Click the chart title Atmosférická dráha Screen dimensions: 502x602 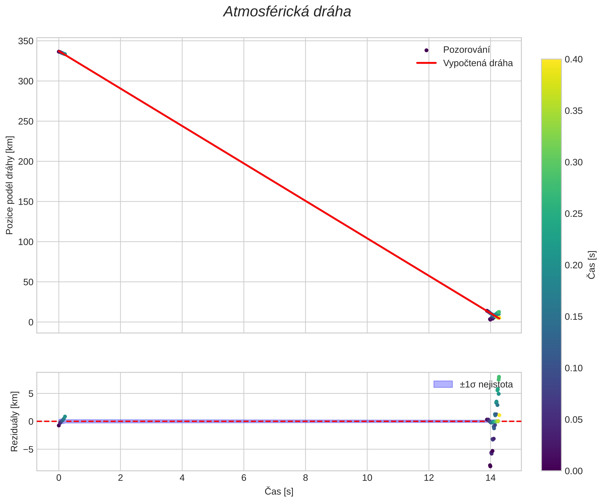click(x=287, y=12)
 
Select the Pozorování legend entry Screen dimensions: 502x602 click(x=466, y=50)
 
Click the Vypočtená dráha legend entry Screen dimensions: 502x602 click(x=478, y=63)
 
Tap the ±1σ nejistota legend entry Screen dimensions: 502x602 click(x=486, y=384)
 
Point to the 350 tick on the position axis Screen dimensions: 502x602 click(x=26, y=41)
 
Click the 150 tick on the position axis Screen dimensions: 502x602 click(x=26, y=202)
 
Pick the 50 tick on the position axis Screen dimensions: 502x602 click(x=28, y=282)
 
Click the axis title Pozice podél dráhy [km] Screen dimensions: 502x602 click(x=9, y=185)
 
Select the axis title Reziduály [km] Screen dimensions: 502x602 click(x=14, y=421)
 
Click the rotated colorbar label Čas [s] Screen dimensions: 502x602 click(x=591, y=265)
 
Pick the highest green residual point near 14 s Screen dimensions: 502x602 click(x=499, y=377)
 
